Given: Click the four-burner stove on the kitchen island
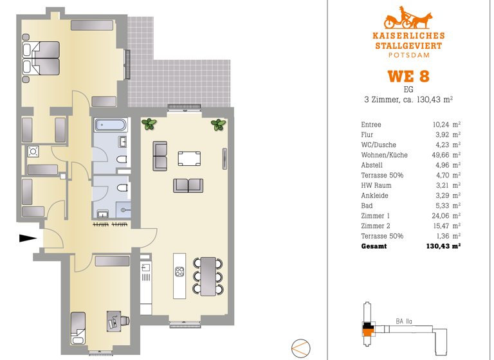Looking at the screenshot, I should (180, 271).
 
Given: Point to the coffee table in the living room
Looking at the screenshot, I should (189, 158).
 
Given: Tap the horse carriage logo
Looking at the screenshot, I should (407, 18).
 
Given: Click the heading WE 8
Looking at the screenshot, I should (408, 76).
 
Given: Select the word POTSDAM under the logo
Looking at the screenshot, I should (408, 56).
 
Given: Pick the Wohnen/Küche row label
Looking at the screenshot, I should (384, 155).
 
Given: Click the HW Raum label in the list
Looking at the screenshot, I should (377, 185).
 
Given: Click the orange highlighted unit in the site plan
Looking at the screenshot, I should (369, 332).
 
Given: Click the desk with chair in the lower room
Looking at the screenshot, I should (114, 320).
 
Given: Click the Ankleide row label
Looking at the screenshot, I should (375, 195).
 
